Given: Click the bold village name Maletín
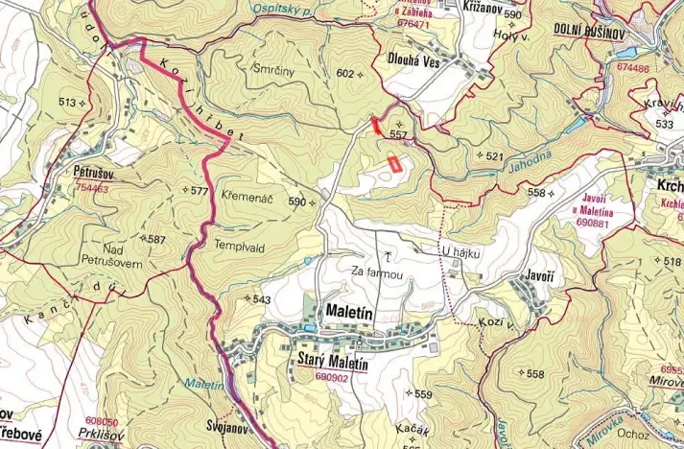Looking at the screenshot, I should (343, 313).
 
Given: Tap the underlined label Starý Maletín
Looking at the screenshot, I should (326, 365).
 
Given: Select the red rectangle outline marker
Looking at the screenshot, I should (392, 162).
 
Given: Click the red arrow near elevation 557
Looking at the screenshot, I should (375, 124).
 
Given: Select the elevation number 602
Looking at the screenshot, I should (345, 74).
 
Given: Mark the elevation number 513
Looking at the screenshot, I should (67, 103).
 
